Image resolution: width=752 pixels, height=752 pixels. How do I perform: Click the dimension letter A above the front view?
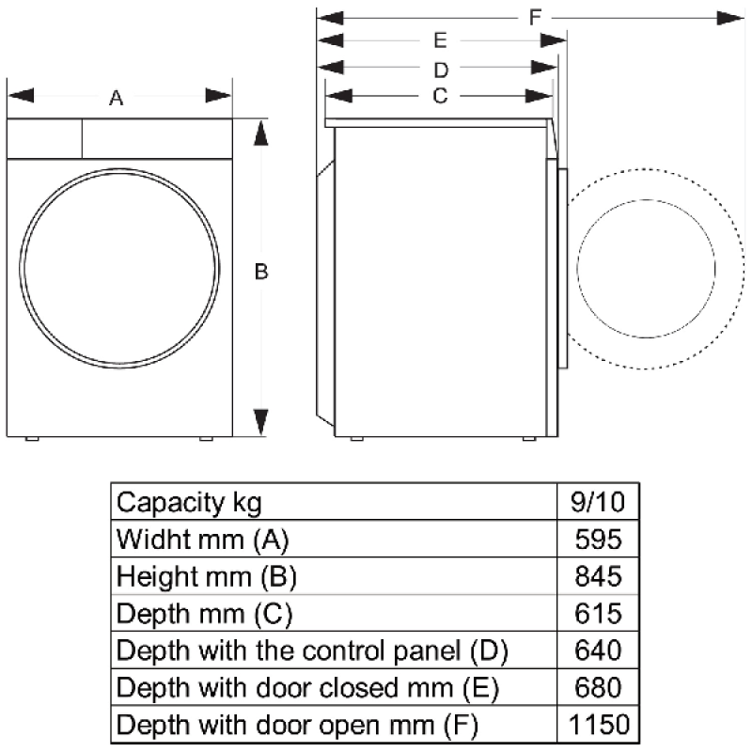[x=117, y=97]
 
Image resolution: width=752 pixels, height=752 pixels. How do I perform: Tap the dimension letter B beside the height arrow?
[x=262, y=272]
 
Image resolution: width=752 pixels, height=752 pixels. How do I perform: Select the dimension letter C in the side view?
[x=439, y=95]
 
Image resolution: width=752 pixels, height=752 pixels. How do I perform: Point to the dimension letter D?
[x=440, y=69]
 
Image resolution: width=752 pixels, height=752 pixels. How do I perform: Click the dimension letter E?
[x=440, y=40]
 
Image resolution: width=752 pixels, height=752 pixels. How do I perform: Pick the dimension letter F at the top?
[x=535, y=17]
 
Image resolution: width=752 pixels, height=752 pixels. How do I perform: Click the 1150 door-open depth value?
[x=596, y=725]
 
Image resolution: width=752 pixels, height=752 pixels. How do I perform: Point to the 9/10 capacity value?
[x=598, y=502]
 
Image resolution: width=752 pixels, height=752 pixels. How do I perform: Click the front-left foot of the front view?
[x=31, y=439]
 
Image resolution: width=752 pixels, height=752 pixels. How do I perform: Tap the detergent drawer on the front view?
[x=44, y=139]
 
